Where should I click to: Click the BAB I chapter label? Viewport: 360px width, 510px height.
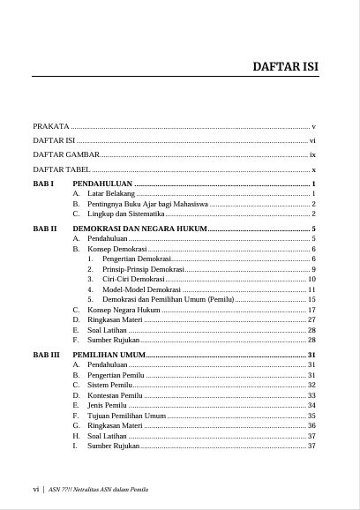coord(44,184)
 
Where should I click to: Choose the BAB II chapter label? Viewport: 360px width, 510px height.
coord(45,229)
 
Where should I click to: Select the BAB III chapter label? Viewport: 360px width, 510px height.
coord(47,355)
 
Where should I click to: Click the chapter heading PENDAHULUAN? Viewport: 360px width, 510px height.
coord(109,184)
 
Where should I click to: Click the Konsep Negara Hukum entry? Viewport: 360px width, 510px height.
coord(124,310)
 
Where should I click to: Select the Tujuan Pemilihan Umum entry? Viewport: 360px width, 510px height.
coord(126,416)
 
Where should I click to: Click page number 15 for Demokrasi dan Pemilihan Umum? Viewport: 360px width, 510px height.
coord(311,300)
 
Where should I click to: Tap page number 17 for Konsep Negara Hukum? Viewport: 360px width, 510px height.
coord(311,310)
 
